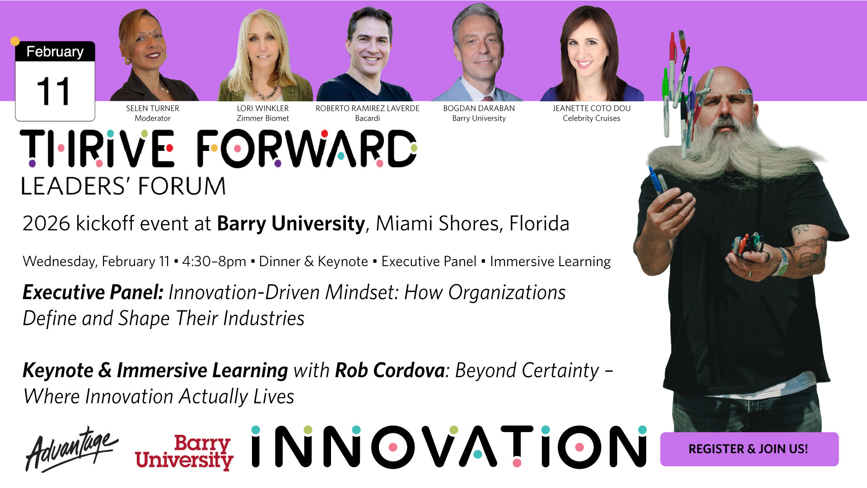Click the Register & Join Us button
pos(749,449)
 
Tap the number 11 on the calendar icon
pos(53,91)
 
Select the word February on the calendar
pos(55,52)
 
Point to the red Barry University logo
pos(184,452)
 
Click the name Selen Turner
pos(153,108)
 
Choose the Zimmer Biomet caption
pos(263,118)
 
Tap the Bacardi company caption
pos(368,118)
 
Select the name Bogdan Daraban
pos(479,108)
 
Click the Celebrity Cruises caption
pos(592,118)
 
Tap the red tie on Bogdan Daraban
pos(487,98)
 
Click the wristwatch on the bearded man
pos(782,263)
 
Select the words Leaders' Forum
pos(124,186)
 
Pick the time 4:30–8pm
pos(214,262)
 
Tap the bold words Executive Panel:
pos(93,293)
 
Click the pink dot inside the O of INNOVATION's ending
pos(580,447)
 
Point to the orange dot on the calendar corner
pos(15,41)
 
